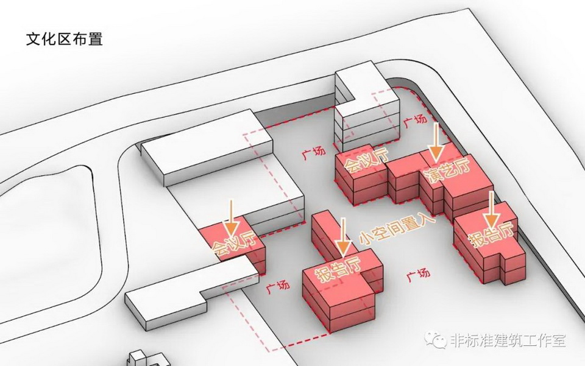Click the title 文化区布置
coord(63,40)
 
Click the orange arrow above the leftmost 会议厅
coord(231,218)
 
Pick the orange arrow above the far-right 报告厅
coord(491,210)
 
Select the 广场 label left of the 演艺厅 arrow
coord(414,121)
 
